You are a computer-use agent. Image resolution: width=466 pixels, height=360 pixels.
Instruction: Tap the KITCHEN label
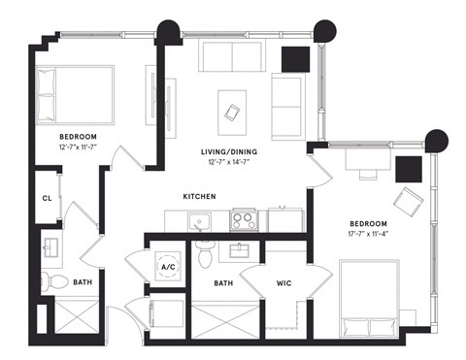point(199,197)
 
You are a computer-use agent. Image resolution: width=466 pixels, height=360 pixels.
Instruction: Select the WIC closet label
point(284,282)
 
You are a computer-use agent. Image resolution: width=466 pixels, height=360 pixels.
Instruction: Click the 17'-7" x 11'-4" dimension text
point(374,233)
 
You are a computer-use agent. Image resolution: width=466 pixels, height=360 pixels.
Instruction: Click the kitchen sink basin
point(201,221)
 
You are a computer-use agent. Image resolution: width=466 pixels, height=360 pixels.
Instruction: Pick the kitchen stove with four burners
point(244,221)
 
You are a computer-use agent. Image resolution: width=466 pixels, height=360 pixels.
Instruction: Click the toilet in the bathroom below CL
point(57,282)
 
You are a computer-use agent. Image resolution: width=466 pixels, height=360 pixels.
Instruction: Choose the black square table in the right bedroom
point(409,169)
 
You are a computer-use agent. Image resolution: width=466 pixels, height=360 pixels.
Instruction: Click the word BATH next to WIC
point(223,282)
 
